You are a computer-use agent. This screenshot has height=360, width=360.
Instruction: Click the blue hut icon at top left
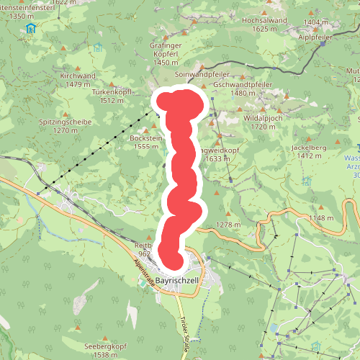click(30, 29)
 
